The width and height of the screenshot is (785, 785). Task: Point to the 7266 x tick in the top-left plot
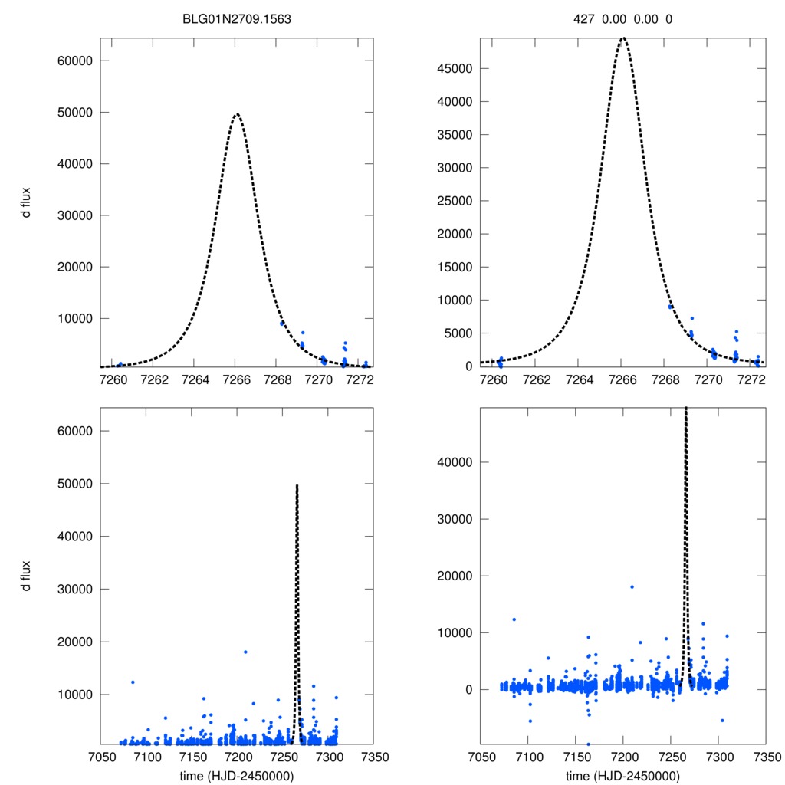click(x=237, y=379)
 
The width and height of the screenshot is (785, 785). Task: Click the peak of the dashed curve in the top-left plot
click(x=237, y=114)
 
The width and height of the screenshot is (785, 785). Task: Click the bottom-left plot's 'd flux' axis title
click(x=26, y=576)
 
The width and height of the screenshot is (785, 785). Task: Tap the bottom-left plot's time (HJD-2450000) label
click(x=237, y=776)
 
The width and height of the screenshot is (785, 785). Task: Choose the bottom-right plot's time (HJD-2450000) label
click(x=622, y=776)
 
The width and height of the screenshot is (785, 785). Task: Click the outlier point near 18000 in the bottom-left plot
click(x=245, y=652)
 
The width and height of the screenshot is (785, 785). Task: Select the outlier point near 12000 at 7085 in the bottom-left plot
click(x=133, y=682)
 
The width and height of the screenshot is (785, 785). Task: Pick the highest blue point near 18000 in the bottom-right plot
click(x=632, y=587)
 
